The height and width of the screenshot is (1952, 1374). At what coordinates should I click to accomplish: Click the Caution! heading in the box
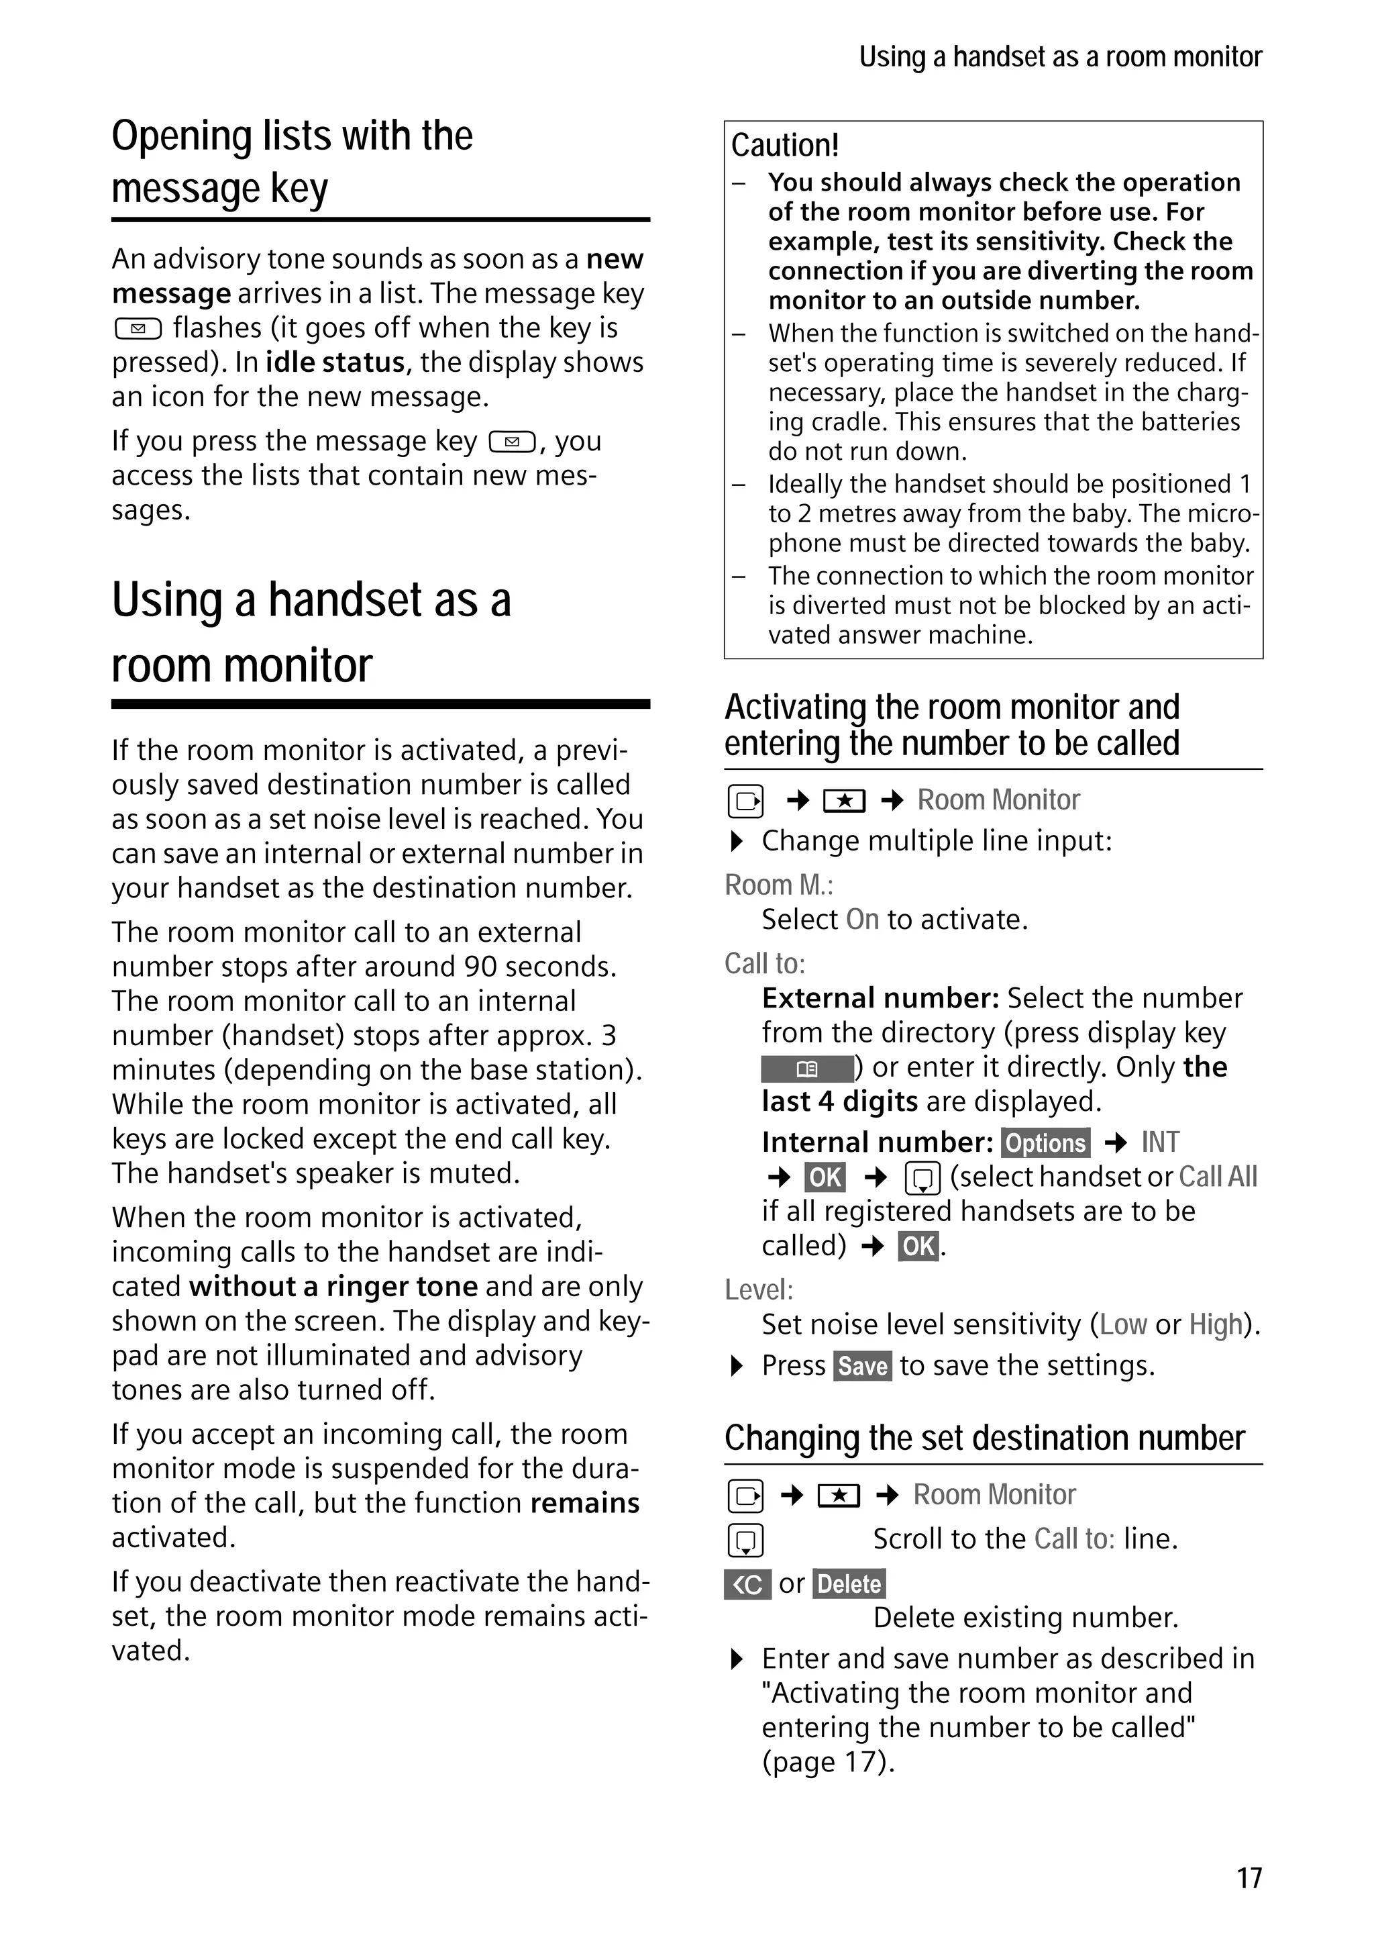point(784,146)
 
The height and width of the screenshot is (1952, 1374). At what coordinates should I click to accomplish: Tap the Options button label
point(1045,1142)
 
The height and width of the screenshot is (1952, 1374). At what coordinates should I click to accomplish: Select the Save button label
point(863,1366)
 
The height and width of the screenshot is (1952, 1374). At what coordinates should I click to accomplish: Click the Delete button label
point(849,1584)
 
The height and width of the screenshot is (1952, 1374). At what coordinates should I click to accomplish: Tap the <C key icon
point(747,1585)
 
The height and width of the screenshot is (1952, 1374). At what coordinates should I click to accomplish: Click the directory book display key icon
point(807,1069)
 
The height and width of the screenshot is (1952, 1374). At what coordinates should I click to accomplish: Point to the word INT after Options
point(1160,1142)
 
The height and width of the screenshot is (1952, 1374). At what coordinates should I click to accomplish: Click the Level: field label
point(758,1289)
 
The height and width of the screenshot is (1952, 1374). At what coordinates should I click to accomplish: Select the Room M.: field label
point(778,885)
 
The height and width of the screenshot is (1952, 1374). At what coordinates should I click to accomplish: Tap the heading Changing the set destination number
point(984,1438)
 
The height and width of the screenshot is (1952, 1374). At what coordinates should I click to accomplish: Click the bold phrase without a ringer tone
point(333,1286)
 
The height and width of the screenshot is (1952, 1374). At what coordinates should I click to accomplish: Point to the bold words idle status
point(335,362)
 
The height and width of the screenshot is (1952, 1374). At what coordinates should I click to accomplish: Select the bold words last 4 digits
point(839,1102)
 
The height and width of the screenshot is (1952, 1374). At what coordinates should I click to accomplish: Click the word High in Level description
point(1215,1324)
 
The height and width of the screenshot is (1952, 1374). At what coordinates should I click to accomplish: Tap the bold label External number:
point(880,998)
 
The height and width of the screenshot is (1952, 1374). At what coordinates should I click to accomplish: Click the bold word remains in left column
point(584,1503)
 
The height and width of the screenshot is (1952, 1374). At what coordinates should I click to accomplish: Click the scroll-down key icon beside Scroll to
point(745,1541)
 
